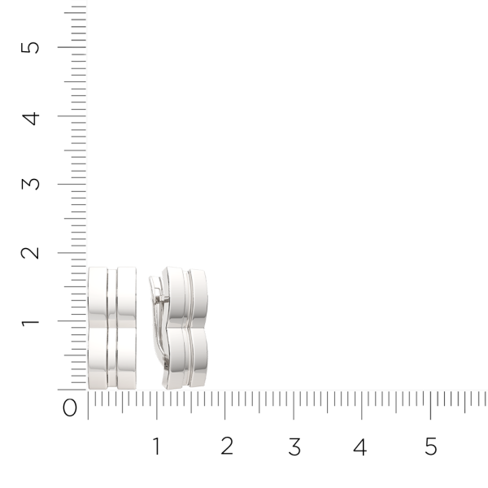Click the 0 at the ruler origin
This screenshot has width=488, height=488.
pyautogui.click(x=70, y=407)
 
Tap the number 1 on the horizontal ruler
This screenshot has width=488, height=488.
pyautogui.click(x=156, y=447)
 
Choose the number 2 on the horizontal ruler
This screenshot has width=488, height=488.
pyautogui.click(x=226, y=447)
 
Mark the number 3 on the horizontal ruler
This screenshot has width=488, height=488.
pyautogui.click(x=294, y=447)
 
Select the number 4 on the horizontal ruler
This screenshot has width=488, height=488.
pyautogui.click(x=360, y=447)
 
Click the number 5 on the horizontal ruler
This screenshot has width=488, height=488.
pyautogui.click(x=431, y=447)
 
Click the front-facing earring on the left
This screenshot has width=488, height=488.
pyautogui.click(x=111, y=328)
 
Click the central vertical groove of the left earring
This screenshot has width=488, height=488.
pyautogui.click(x=112, y=328)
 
